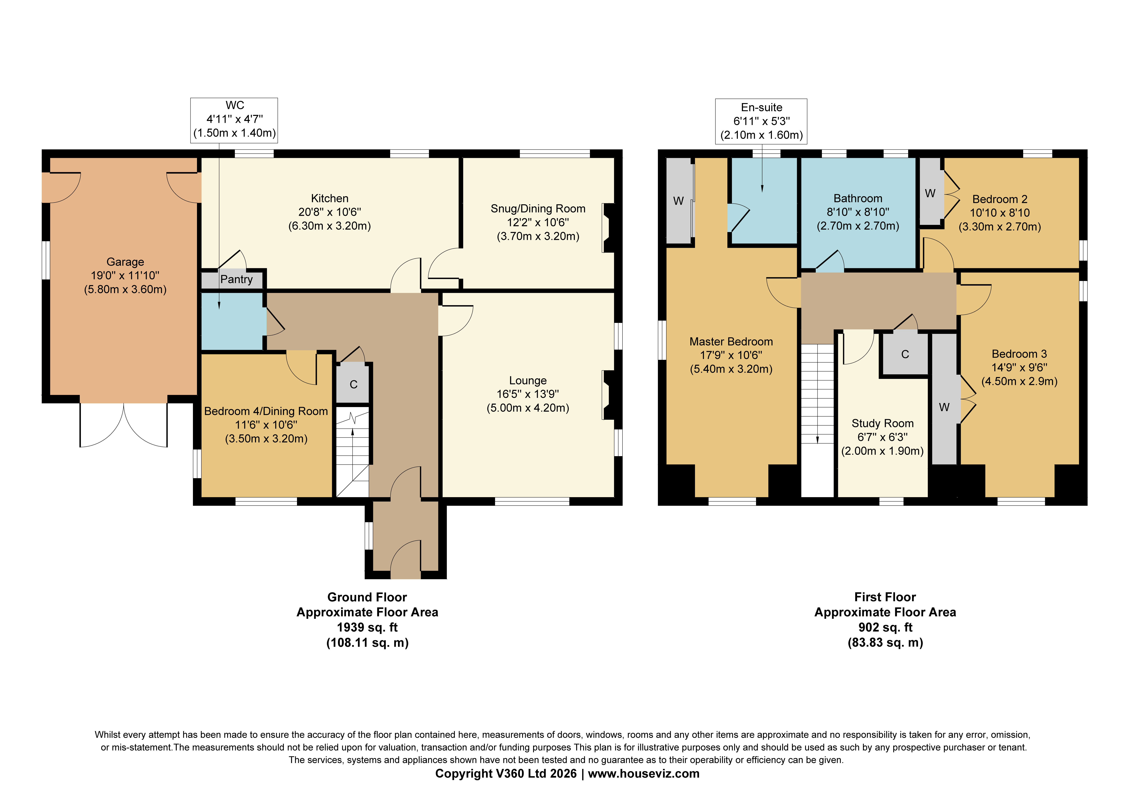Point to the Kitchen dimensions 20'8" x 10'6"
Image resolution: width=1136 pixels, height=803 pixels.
click(330, 212)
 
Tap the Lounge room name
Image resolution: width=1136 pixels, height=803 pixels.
click(528, 380)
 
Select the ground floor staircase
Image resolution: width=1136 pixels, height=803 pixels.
click(352, 451)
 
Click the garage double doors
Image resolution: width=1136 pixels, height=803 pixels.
click(124, 425)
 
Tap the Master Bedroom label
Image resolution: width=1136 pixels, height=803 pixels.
click(731, 342)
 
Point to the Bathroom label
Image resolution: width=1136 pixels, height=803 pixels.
click(858, 199)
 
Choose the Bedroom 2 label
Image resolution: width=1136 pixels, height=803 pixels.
click(1000, 199)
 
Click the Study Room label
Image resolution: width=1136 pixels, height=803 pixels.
click(883, 423)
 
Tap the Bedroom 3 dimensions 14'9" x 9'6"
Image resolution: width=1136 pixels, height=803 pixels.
click(1019, 367)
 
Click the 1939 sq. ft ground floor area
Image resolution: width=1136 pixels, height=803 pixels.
click(367, 627)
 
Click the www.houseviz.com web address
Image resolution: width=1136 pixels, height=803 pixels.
click(644, 773)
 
